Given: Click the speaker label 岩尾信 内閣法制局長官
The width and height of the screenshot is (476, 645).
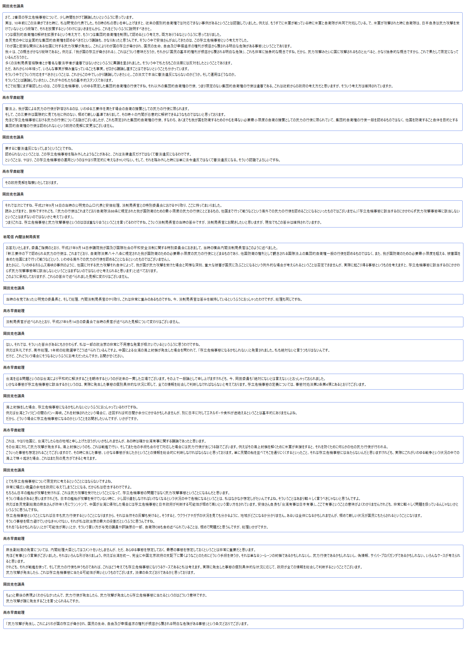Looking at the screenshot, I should point(22,237).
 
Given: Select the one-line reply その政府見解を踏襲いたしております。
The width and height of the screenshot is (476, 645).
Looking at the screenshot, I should point(32,183).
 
